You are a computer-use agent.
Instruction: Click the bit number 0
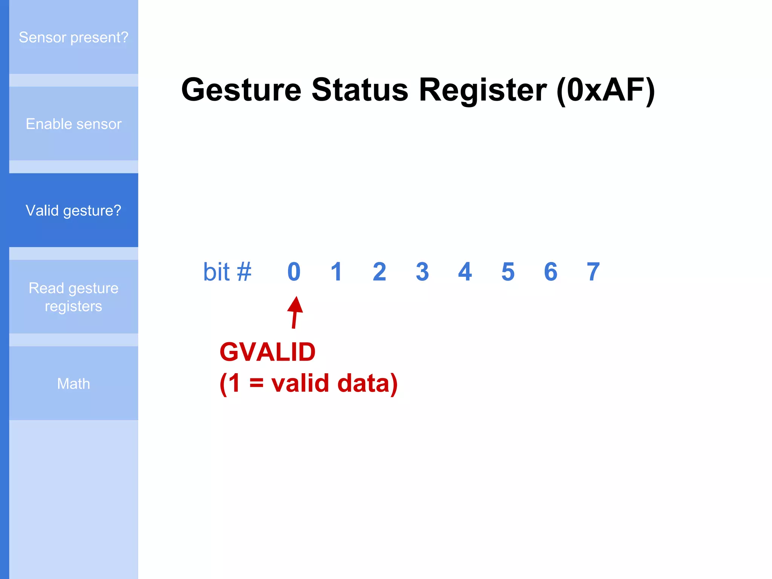tap(294, 272)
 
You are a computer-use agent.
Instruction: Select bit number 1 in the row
tap(336, 272)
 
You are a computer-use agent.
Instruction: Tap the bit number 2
tap(380, 272)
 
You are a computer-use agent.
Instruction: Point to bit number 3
tap(422, 272)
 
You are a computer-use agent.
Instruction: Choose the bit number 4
tap(465, 272)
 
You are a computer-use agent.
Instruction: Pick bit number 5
tap(508, 272)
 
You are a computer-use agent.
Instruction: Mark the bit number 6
tap(551, 272)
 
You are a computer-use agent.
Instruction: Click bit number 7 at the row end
tap(593, 272)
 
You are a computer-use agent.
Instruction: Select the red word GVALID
tap(267, 352)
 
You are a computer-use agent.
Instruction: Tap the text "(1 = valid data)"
tap(308, 383)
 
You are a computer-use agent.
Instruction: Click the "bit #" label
tap(227, 272)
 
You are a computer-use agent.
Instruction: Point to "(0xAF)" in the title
tap(605, 90)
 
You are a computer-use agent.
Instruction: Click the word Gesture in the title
tap(241, 90)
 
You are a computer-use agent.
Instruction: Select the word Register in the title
tap(483, 90)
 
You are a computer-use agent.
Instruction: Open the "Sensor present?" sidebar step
tap(74, 37)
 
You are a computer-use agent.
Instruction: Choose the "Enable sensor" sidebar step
tap(74, 124)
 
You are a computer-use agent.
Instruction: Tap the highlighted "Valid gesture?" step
tap(74, 210)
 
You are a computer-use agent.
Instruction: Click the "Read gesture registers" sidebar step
tap(74, 297)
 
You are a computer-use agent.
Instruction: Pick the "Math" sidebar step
tap(74, 383)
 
